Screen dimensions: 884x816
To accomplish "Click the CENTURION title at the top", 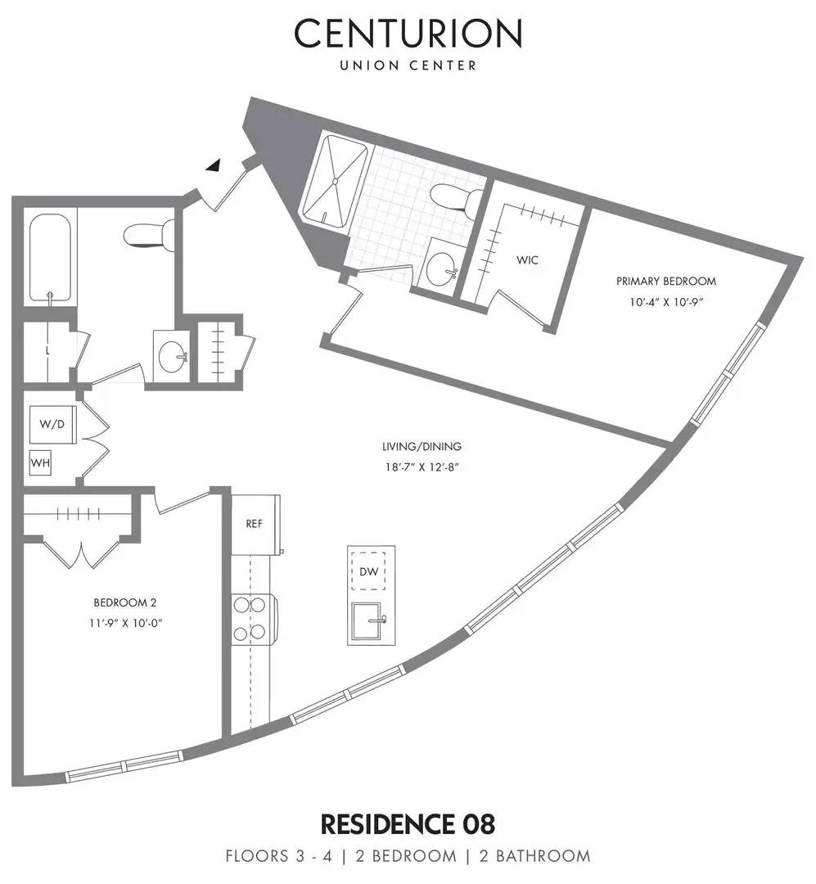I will click(408, 34).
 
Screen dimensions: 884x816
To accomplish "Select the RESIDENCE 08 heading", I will click(408, 822).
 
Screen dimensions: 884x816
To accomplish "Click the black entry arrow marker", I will click(214, 165).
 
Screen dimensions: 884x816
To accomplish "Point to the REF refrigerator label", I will click(255, 524).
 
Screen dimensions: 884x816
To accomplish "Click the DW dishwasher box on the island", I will click(370, 571).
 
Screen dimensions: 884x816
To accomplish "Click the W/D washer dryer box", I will click(51, 425).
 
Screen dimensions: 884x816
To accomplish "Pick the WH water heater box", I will click(41, 463).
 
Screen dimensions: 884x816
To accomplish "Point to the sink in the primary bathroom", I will click(443, 264).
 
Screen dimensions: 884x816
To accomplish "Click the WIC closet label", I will click(527, 260).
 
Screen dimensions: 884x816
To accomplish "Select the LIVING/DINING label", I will click(422, 447).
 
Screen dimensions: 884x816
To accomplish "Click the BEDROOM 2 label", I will click(124, 602).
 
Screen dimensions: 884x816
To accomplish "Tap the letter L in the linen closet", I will click(48, 351).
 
